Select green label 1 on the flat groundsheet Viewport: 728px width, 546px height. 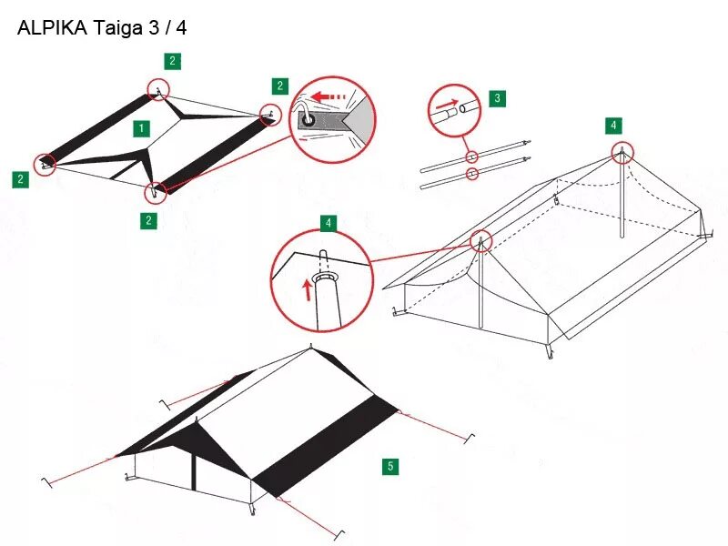pos(142,127)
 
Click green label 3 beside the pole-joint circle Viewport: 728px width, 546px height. pos(497,98)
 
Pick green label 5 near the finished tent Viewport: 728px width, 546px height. pos(391,467)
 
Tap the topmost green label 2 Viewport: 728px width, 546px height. pos(173,61)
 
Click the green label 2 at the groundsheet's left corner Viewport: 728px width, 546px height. pos(20,179)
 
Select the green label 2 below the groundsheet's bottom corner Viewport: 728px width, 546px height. pos(149,220)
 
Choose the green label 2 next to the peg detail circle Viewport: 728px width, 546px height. pos(280,86)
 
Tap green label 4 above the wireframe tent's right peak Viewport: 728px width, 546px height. pos(614,125)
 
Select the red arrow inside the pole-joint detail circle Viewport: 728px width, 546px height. pos(445,106)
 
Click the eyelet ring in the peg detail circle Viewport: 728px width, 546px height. pos(310,119)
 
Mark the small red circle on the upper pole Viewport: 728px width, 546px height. pos(471,157)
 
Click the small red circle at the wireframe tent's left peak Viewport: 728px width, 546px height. pos(481,241)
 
